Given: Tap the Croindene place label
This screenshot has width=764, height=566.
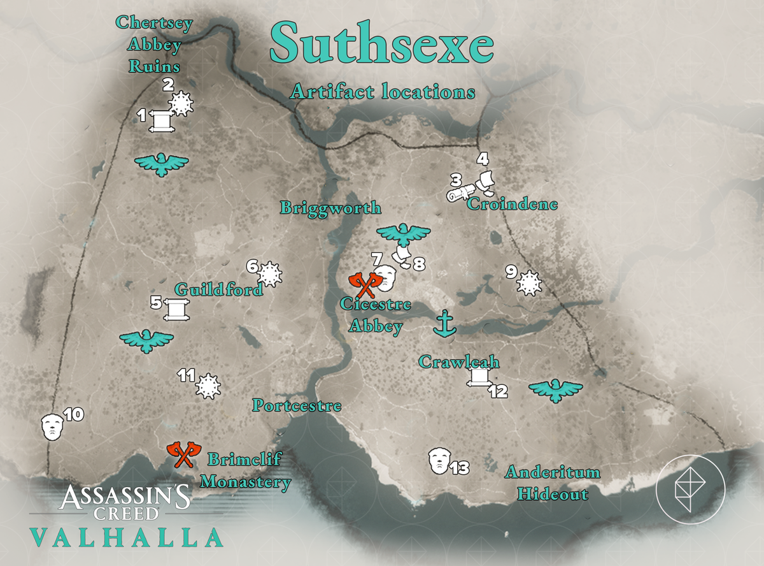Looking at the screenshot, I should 513,205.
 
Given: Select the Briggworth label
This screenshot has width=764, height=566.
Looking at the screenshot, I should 331,208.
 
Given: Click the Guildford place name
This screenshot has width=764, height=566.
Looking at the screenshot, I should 218,289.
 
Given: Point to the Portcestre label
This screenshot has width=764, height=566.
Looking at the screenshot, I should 297,405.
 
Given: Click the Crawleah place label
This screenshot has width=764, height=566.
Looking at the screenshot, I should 458,363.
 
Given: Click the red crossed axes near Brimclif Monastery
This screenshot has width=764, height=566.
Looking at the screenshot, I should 184,454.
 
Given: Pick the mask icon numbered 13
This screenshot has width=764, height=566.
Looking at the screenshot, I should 439,460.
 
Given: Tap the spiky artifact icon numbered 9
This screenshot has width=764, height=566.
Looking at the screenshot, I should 528,283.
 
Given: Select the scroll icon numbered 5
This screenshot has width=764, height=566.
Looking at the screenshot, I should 173,308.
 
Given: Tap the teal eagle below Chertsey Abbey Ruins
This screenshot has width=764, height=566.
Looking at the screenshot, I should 162,164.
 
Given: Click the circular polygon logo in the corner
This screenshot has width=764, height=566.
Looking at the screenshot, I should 691,488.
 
